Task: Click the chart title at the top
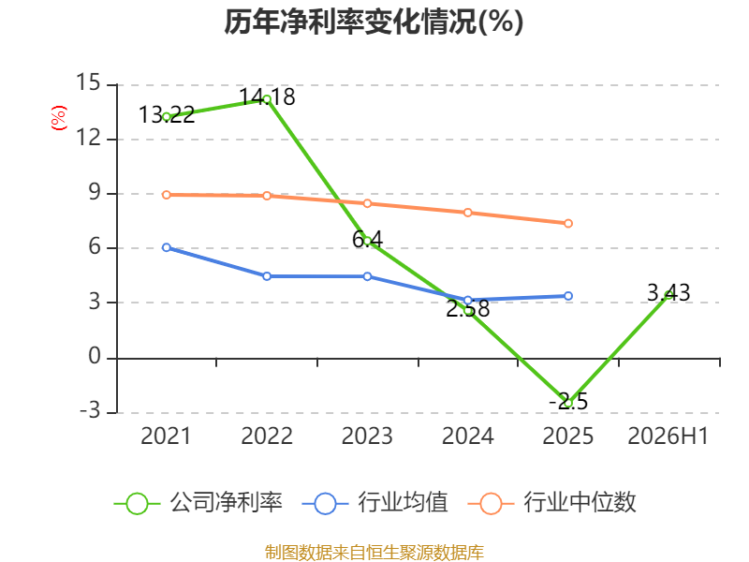pos(374,22)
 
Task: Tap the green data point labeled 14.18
pos(267,99)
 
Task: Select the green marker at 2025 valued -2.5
pos(568,404)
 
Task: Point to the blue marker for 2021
pos(167,247)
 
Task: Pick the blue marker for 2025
pos(568,296)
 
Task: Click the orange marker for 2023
pos(367,203)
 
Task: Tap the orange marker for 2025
pos(568,223)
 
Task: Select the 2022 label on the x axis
pos(267,436)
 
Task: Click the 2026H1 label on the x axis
pos(668,436)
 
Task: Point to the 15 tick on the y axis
pos(89,82)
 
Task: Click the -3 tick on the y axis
pos(90,410)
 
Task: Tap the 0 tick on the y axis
pos(95,357)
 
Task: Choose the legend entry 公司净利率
pos(198,503)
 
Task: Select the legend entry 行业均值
pos(375,503)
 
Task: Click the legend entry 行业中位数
pos(551,503)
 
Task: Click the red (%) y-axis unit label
pos(59,118)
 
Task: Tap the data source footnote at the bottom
pos(374,553)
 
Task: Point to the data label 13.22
pos(167,114)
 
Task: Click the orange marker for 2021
pos(167,195)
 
